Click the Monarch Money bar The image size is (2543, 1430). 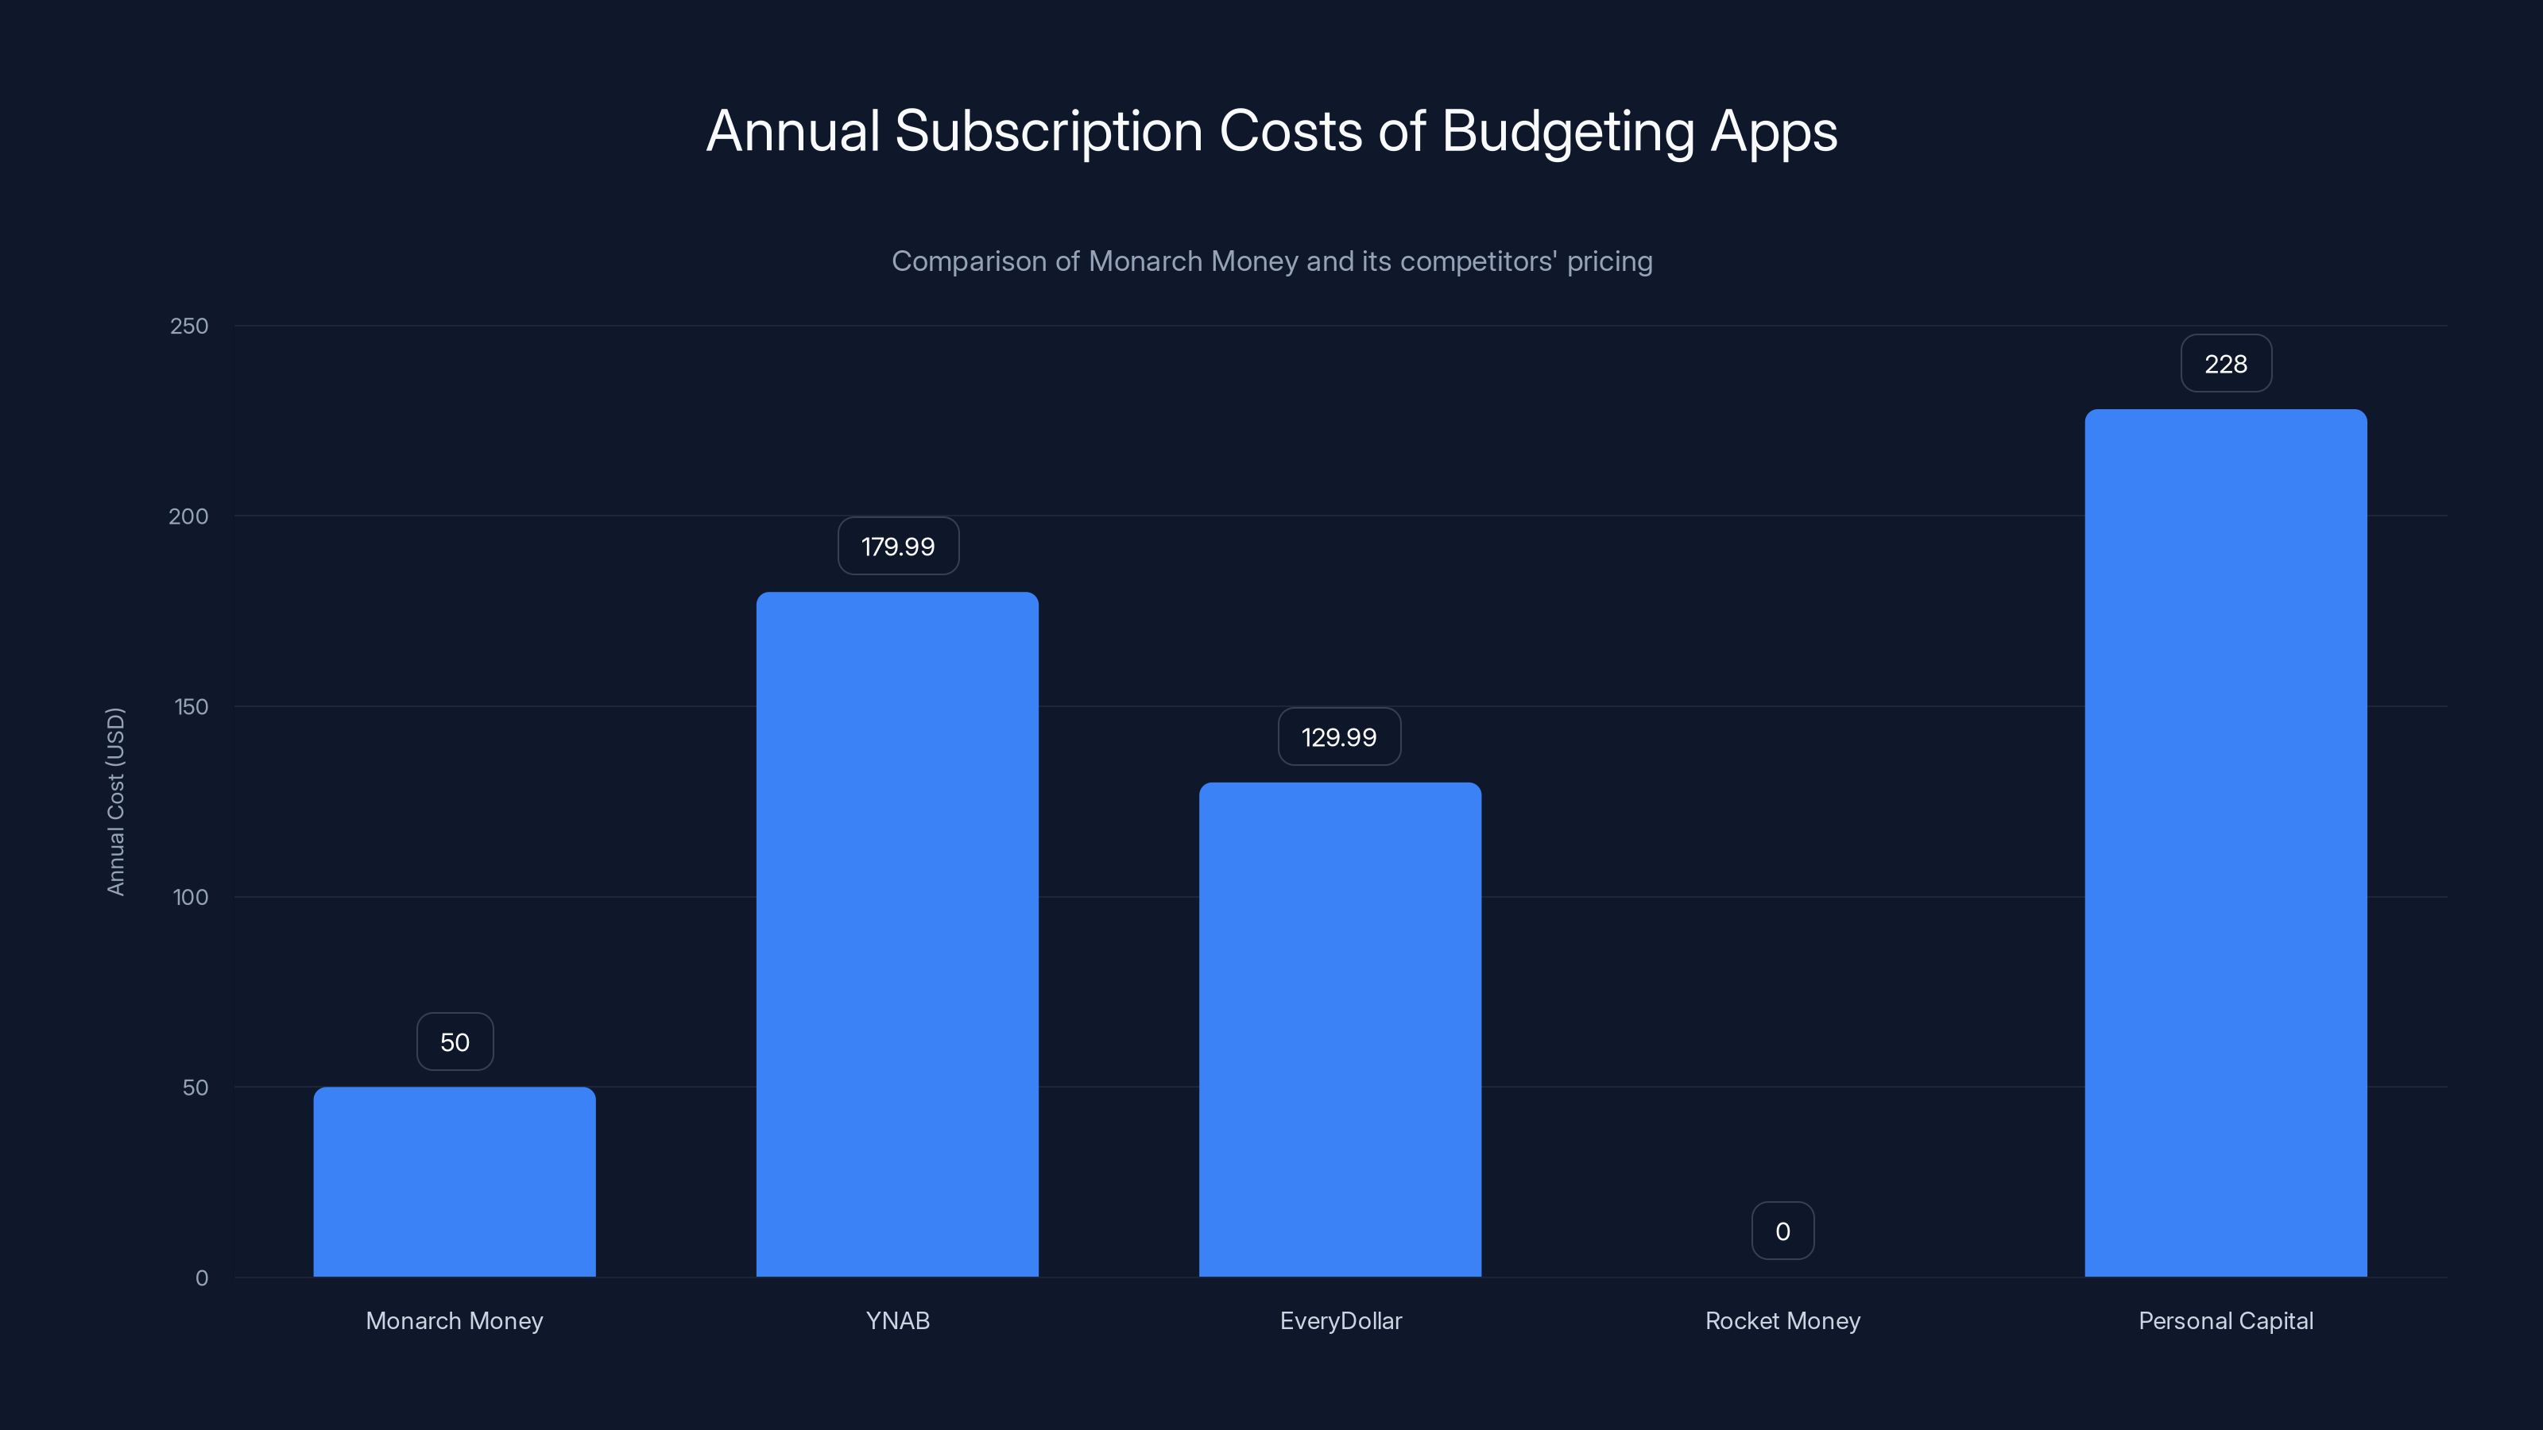pos(454,1181)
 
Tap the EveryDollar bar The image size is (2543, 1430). pos(1340,1030)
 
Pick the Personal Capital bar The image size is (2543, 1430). pos(2225,843)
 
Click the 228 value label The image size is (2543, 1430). pos(2225,364)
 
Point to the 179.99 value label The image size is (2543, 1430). pos(897,547)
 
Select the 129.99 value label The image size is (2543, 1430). pos(1338,737)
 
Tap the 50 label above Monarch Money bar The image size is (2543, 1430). pos(454,1042)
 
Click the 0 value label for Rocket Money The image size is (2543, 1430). pos(1782,1231)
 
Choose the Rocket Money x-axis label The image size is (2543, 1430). pos(1782,1320)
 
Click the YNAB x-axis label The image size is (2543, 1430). pos(896,1320)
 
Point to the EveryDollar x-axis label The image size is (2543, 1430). pos(1340,1320)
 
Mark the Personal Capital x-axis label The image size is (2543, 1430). pos(2225,1320)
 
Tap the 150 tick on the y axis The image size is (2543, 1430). pos(191,706)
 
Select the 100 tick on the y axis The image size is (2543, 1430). pos(191,897)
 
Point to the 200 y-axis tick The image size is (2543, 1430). pos(188,516)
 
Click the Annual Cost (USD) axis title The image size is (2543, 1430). pos(115,802)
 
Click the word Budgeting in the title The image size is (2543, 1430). pos(1568,132)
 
